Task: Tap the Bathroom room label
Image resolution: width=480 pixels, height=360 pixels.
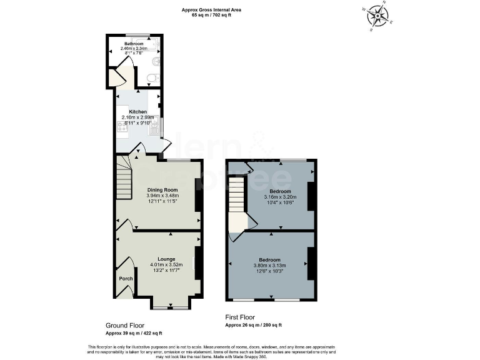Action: [x=133, y=44]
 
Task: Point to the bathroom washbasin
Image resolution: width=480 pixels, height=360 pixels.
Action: [x=157, y=61]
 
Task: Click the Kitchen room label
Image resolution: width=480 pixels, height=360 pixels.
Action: [x=137, y=112]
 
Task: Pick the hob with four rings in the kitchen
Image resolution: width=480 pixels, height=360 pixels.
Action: [x=121, y=127]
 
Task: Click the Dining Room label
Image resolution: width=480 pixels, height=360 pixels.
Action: [x=162, y=189]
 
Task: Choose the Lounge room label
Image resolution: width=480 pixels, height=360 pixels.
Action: [x=166, y=259]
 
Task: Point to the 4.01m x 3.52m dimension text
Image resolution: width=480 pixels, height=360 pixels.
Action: [x=166, y=265]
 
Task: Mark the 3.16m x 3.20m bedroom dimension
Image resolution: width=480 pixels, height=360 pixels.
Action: [x=280, y=197]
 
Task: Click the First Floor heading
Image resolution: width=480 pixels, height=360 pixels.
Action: [x=241, y=317]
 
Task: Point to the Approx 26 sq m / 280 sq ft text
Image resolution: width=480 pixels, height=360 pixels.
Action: [x=253, y=325]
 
